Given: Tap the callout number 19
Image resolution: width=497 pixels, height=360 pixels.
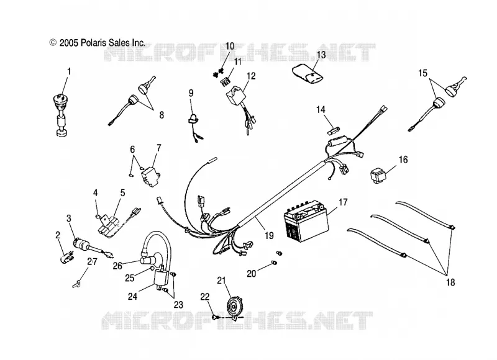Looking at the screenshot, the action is pos(269,236).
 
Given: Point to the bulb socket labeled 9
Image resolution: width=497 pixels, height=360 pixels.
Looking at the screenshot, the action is pos(193,119).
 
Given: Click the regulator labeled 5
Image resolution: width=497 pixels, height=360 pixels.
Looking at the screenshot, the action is pos(109,225).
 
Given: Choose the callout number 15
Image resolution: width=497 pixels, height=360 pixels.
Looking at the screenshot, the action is pos(422,73).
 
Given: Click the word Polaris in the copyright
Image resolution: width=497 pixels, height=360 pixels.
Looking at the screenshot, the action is pos(94,43).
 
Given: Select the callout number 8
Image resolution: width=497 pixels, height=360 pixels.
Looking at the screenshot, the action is pos(162,115).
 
